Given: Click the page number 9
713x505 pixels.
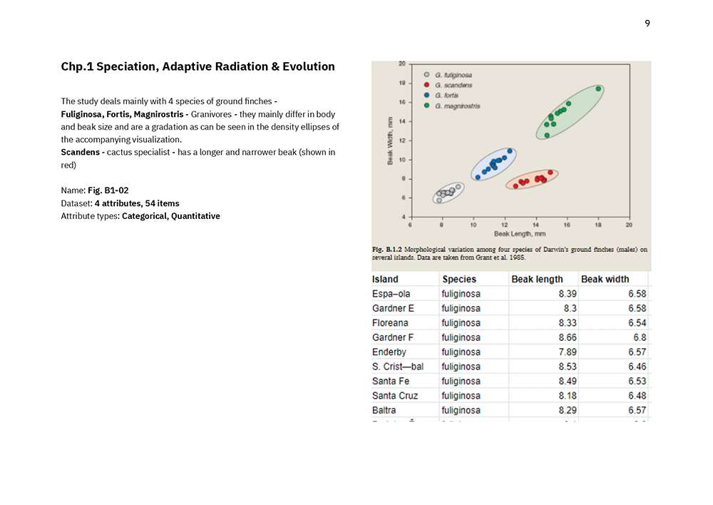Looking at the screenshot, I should [x=647, y=24].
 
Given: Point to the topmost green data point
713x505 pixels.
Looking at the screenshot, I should [x=599, y=89].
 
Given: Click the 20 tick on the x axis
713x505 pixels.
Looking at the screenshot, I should [x=629, y=225].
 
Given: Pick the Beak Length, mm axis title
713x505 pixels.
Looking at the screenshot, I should [x=520, y=233].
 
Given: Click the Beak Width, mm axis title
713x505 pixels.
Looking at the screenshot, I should [x=390, y=141].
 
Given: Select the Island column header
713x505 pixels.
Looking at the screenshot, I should [x=385, y=279].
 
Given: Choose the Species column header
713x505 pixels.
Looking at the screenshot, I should [x=458, y=279].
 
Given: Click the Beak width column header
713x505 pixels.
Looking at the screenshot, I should [x=605, y=279].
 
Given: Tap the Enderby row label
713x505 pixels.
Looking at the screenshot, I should [x=389, y=352].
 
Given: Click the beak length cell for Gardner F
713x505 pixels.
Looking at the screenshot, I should [x=568, y=337].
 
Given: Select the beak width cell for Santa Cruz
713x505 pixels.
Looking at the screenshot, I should [x=637, y=396].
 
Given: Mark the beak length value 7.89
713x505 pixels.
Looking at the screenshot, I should [x=568, y=352].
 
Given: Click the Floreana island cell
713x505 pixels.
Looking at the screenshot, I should [x=390, y=323].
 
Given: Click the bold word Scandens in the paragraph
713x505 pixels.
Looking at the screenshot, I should [x=80, y=152].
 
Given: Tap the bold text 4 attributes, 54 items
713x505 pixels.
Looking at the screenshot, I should [x=137, y=203].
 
